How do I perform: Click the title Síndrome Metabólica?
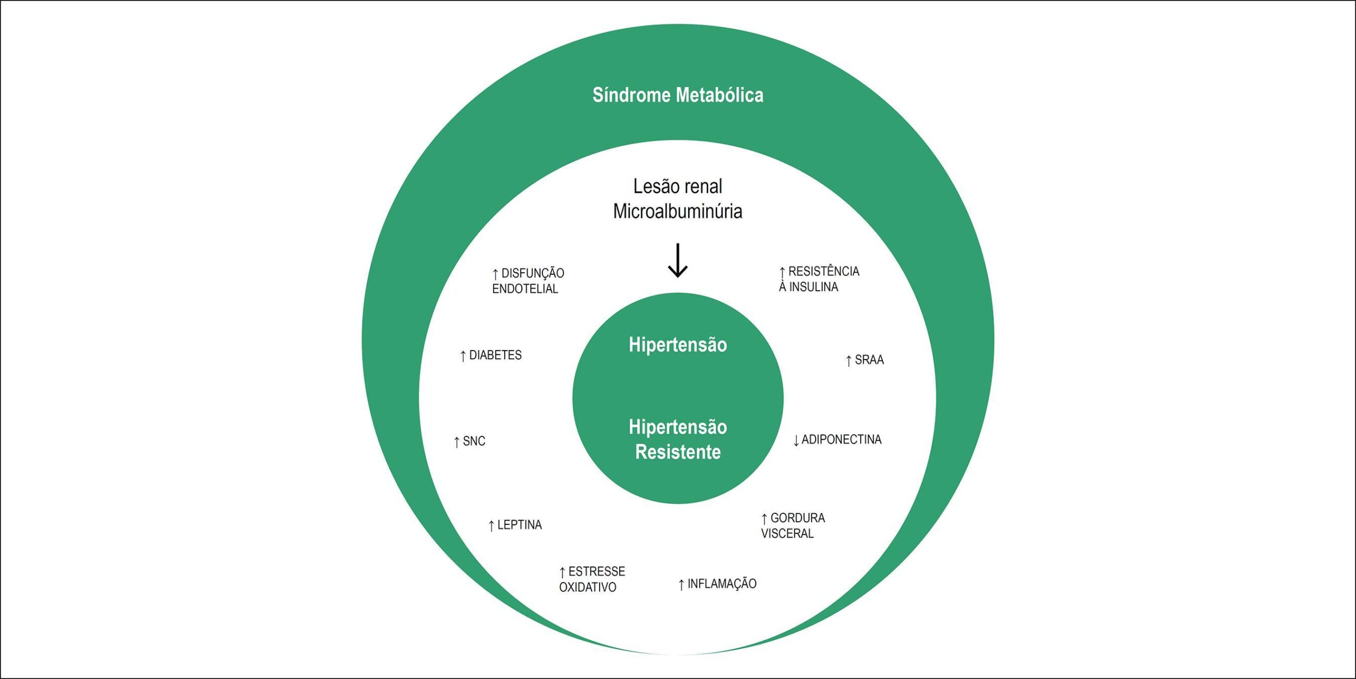(x=677, y=95)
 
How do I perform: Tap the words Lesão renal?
(x=677, y=186)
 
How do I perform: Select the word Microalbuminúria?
(x=677, y=211)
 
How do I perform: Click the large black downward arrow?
(x=677, y=261)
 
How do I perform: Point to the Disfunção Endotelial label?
(x=528, y=281)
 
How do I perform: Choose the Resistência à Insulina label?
(x=819, y=279)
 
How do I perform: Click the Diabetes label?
(x=490, y=355)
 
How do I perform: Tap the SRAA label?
(x=864, y=360)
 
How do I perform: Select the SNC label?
(x=469, y=441)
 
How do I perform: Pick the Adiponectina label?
(x=837, y=440)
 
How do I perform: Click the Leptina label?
(x=515, y=525)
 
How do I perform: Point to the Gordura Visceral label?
(x=793, y=525)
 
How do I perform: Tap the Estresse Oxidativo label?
(x=592, y=579)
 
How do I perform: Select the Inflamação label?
(x=717, y=584)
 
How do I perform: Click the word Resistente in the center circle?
(x=677, y=452)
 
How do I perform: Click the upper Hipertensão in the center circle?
(x=677, y=345)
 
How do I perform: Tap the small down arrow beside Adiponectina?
(x=796, y=441)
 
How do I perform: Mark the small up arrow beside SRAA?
(x=849, y=361)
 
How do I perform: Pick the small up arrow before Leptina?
(x=491, y=526)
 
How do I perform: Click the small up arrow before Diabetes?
(x=463, y=356)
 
